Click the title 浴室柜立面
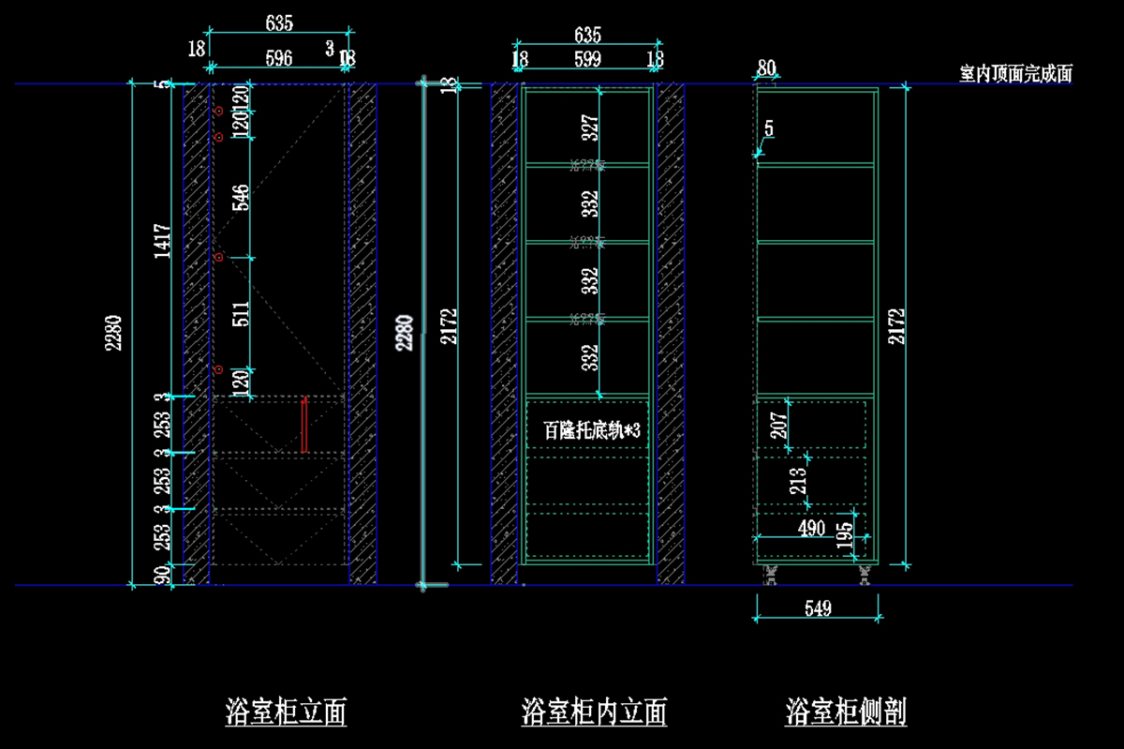point(286,712)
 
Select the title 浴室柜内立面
point(594,712)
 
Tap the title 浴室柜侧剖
point(846,712)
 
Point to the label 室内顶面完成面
point(1015,74)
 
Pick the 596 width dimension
point(278,58)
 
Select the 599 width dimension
point(587,59)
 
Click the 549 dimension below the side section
point(818,609)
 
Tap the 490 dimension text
point(811,529)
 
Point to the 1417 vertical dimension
point(162,241)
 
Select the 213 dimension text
point(798,480)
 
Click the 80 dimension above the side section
point(766,67)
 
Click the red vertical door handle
point(304,425)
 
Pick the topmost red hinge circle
point(218,112)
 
